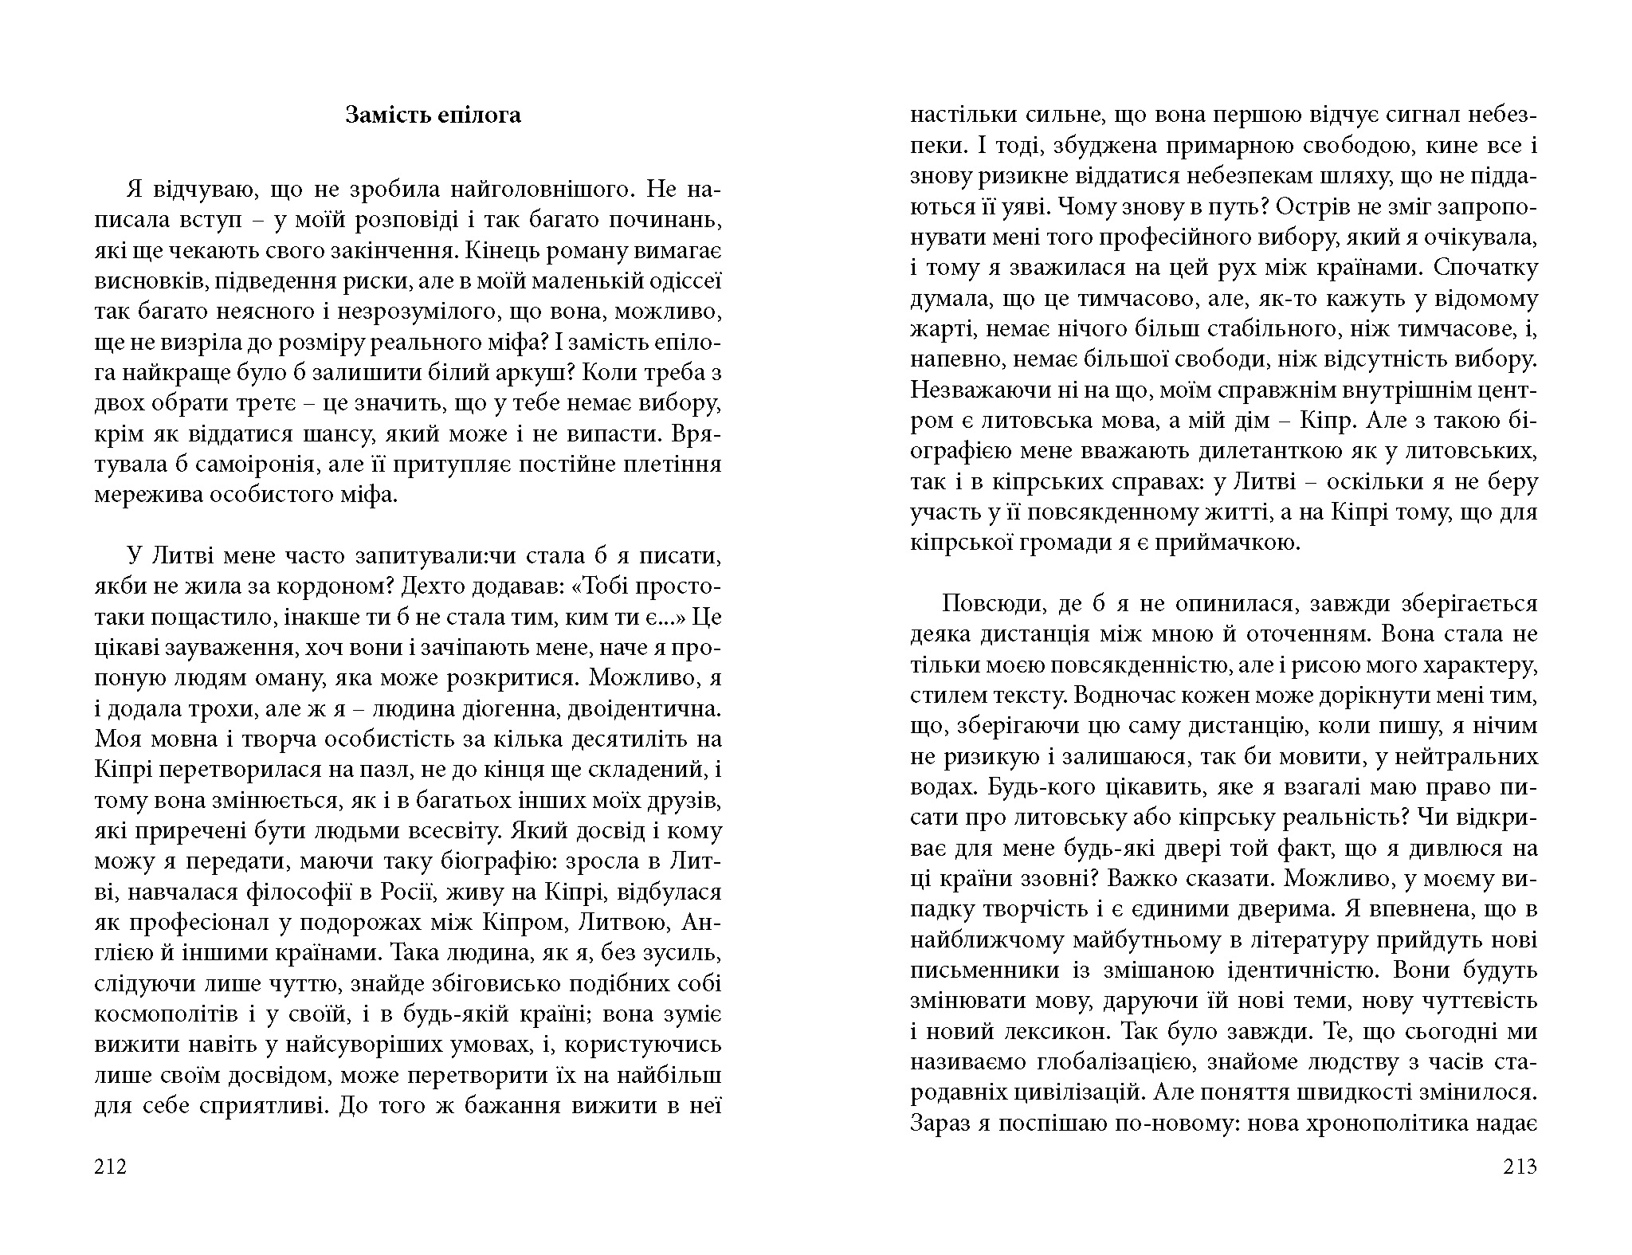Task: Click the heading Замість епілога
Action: pos(433,116)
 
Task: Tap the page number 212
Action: pos(110,1167)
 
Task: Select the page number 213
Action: pos(1520,1167)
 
